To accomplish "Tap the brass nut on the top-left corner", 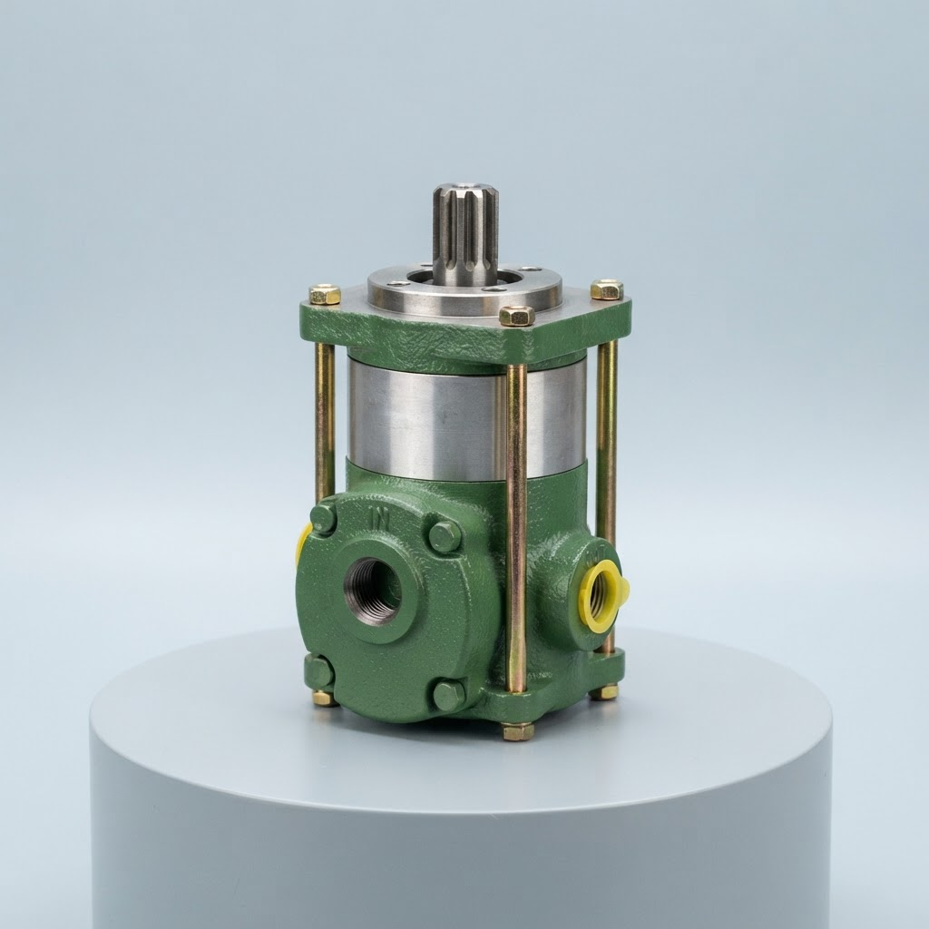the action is tap(325, 294).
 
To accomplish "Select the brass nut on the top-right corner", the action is tap(607, 289).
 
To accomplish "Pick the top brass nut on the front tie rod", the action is tap(517, 315).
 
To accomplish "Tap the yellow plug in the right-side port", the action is tap(603, 595).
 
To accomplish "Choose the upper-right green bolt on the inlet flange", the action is tap(445, 538).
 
